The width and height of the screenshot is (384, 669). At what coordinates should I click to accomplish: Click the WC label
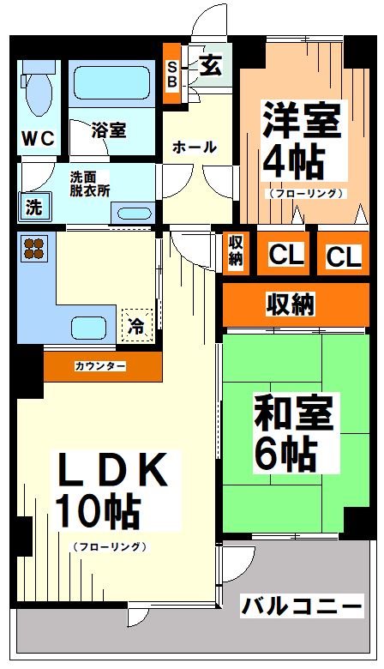(39, 137)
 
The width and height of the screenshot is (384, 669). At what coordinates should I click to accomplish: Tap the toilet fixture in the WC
(37, 93)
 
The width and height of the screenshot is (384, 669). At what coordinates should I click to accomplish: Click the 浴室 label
(109, 130)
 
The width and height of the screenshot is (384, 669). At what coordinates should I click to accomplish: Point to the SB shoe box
(171, 75)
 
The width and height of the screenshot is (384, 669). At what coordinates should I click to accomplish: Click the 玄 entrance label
(210, 67)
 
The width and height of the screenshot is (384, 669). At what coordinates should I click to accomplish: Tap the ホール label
(195, 148)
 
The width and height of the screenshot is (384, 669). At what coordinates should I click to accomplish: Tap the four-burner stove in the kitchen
(34, 248)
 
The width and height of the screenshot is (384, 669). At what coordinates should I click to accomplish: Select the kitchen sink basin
(90, 328)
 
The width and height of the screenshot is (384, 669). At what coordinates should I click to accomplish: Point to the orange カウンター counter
(101, 366)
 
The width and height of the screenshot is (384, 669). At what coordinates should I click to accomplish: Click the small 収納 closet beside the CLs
(236, 251)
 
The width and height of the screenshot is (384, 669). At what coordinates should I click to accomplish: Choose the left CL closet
(285, 255)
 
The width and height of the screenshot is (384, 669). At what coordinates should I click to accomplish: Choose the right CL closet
(342, 256)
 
